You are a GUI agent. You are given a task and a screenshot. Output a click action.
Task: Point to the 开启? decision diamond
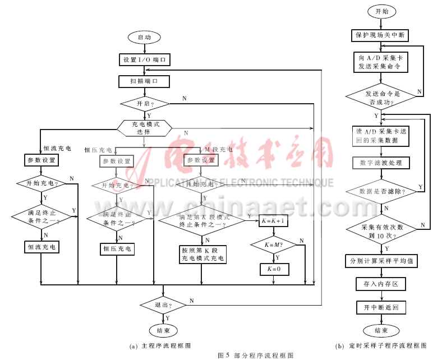[x=144, y=104]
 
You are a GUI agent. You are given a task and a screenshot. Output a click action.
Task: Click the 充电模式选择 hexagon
[x=144, y=128]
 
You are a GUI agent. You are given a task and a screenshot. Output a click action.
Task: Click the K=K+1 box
[x=274, y=221]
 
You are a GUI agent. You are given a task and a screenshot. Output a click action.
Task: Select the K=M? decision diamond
[x=274, y=244]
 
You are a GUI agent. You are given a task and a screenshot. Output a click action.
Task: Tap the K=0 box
[x=274, y=269]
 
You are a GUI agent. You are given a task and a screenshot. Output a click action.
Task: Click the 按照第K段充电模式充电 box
[x=202, y=255]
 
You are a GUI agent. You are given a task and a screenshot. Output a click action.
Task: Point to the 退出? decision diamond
[x=163, y=305]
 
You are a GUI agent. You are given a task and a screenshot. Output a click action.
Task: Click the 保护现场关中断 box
[x=380, y=35]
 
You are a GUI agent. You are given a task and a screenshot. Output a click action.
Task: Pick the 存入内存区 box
[x=380, y=284]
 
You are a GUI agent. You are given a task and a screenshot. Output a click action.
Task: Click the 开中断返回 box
[x=380, y=307]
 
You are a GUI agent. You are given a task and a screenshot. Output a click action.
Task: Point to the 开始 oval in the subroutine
[x=380, y=11]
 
